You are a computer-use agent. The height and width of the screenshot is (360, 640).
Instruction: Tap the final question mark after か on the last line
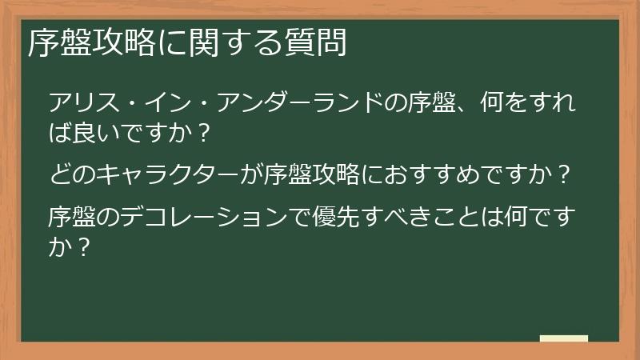[x=81, y=245]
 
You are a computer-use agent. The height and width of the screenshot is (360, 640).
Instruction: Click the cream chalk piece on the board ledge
[x=564, y=338]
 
